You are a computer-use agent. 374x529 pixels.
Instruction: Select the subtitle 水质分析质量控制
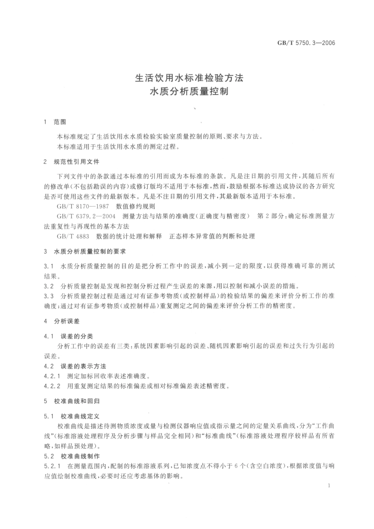(189, 92)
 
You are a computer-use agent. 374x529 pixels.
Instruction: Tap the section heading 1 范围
(55, 122)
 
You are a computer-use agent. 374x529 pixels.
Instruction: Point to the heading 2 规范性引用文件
(71, 161)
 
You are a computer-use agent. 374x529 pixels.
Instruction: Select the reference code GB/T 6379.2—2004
(86, 216)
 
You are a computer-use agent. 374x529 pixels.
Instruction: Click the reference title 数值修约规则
(135, 206)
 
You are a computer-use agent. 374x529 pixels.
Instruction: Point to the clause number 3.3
(49, 296)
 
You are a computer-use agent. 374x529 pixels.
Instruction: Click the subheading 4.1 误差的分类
(69, 336)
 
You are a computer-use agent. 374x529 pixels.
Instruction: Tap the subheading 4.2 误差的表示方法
(75, 366)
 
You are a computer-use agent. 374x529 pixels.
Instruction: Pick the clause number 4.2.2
(52, 386)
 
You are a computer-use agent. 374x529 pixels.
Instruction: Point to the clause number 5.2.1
(52, 466)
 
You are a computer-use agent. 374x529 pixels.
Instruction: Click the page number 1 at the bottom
(329, 486)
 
